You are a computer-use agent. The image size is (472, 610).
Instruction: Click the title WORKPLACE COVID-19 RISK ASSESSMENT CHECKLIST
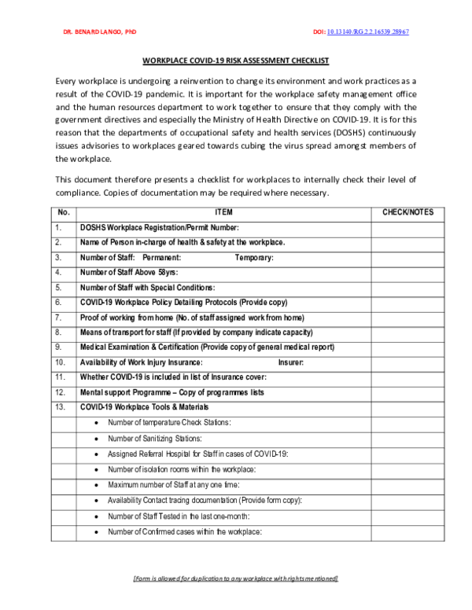point(235,61)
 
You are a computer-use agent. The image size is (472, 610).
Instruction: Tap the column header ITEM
point(223,212)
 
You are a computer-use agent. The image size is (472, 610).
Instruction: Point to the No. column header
point(64,212)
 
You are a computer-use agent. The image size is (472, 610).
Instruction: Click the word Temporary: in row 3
point(254,258)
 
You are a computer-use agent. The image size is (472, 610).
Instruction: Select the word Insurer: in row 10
point(291,362)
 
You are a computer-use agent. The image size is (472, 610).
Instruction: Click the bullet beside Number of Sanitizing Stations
point(96,439)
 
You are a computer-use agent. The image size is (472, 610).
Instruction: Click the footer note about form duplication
point(235,579)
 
